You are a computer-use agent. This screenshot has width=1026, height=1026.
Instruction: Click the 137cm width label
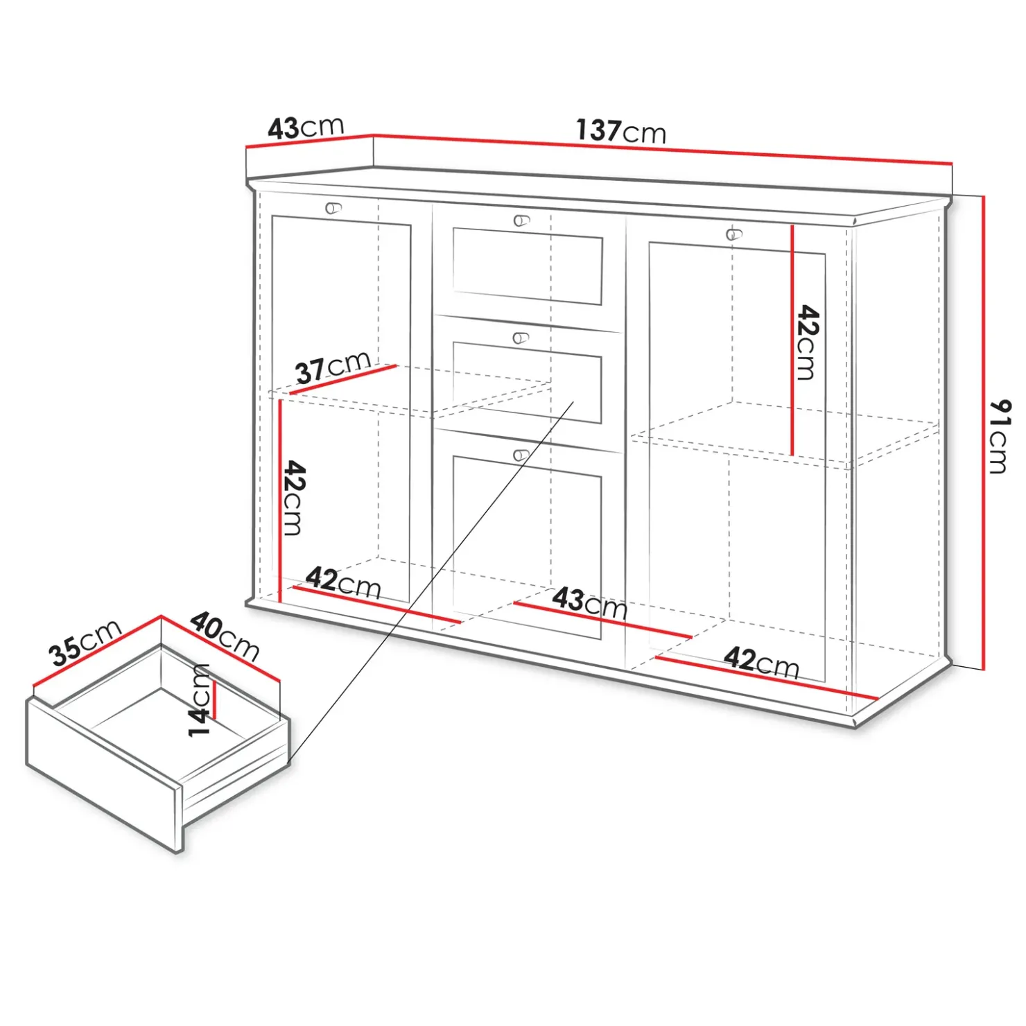coord(620,130)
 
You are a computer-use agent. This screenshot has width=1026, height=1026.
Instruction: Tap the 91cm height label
coord(1000,436)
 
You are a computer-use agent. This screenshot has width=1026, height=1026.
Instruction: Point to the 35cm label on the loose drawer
coord(85,643)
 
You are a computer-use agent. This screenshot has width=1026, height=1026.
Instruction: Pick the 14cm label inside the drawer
coord(199,700)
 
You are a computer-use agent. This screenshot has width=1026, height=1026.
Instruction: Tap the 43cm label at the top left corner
coord(306,128)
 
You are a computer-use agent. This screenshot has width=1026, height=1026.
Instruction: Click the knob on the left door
coord(333,208)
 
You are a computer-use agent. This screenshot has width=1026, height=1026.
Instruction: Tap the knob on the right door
coord(733,234)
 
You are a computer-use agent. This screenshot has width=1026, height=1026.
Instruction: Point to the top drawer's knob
coord(521,221)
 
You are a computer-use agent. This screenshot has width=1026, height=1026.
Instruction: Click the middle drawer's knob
coord(521,338)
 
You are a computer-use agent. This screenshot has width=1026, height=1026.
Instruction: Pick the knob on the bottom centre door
coord(521,455)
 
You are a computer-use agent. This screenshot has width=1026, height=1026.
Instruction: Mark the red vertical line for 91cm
coord(983,433)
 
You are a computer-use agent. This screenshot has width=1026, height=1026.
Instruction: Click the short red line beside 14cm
coord(214,701)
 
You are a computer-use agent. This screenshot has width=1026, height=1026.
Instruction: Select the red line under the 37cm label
coord(343,380)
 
